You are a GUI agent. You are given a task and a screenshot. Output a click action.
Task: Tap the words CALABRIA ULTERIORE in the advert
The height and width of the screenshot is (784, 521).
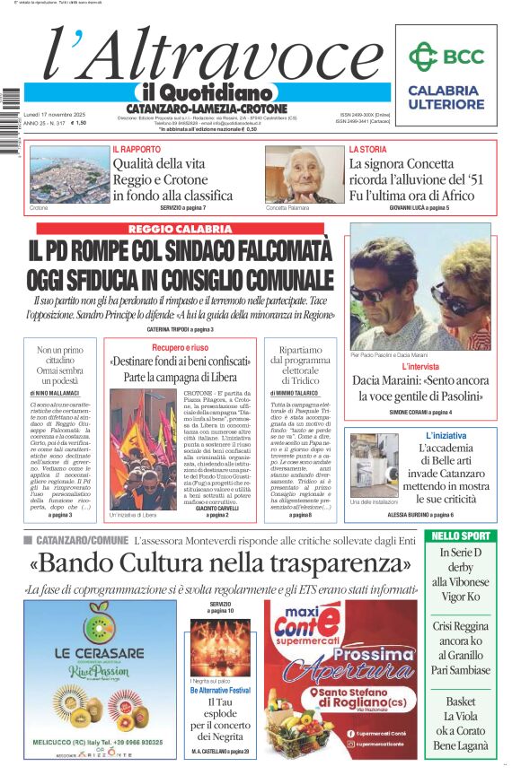coord(444,97)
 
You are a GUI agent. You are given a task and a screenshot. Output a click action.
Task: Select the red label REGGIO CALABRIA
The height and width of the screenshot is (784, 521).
coord(181,229)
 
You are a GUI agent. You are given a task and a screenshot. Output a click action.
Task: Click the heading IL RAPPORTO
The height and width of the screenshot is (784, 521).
coord(137,149)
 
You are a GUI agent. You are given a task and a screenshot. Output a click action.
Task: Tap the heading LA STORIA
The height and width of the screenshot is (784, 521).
coord(367,149)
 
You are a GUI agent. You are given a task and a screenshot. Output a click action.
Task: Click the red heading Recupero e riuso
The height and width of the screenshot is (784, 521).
coord(180,347)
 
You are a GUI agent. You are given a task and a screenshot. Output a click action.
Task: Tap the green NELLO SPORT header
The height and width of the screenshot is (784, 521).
coord(460,536)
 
